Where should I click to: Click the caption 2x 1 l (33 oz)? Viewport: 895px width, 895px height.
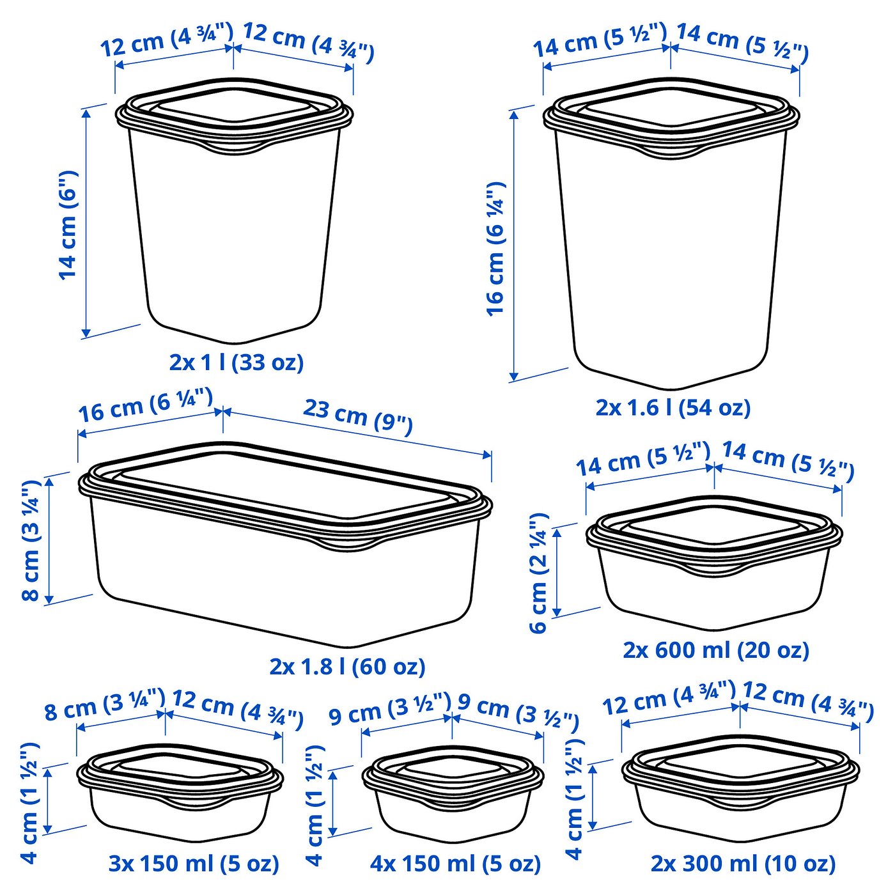pyautogui.click(x=236, y=362)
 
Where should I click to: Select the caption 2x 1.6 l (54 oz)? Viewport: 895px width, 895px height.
pyautogui.click(x=673, y=407)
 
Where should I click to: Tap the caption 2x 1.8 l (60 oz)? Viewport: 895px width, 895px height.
pyautogui.click(x=347, y=666)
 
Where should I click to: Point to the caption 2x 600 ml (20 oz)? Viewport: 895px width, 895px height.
pyautogui.click(x=716, y=650)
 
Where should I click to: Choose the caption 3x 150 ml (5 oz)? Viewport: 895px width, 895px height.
pyautogui.click(x=194, y=864)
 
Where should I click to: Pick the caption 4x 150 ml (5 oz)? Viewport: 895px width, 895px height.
pyautogui.click(x=455, y=864)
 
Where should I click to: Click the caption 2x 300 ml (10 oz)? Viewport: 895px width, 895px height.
pyautogui.click(x=743, y=864)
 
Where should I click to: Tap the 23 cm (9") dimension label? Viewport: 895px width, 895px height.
pyautogui.click(x=357, y=416)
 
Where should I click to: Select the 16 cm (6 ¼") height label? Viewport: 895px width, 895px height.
pyautogui.click(x=496, y=249)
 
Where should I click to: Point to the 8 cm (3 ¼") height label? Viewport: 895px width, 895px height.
pyautogui.click(x=31, y=540)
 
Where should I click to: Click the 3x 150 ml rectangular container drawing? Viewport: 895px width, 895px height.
pyautogui.click(x=180, y=793)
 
